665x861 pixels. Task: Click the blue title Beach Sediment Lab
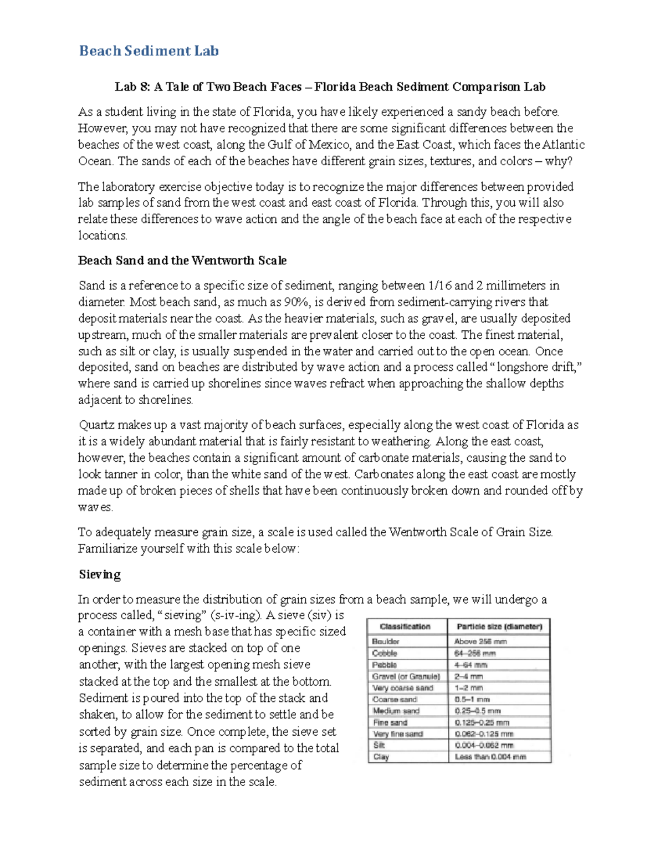149,51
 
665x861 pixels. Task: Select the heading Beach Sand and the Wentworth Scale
182,260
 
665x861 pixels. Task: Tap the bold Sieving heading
99,574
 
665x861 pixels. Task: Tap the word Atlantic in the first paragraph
563,145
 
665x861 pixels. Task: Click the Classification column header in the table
405,626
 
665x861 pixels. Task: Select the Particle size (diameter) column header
499,626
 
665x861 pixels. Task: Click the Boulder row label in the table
386,641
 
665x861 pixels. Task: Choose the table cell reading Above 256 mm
480,641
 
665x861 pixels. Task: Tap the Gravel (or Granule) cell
406,676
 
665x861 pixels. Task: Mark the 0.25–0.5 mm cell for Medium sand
478,711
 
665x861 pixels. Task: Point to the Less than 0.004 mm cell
490,757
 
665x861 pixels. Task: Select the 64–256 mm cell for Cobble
475,653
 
